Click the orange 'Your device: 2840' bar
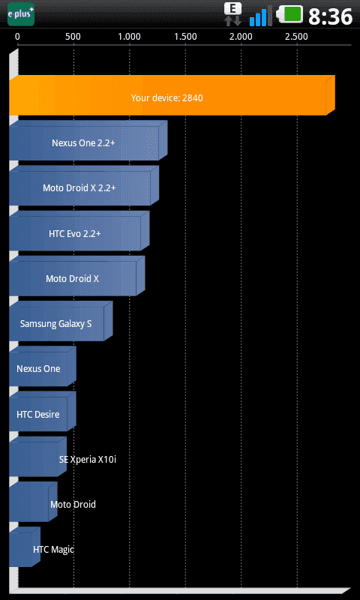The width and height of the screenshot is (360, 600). pyautogui.click(x=172, y=95)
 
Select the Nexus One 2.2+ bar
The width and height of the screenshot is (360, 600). pyautogui.click(x=88, y=140)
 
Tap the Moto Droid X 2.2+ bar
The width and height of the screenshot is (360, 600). pyautogui.click(x=84, y=185)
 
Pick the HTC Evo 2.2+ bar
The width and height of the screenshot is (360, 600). pyautogui.click(x=79, y=231)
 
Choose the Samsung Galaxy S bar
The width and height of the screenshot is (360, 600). pyautogui.click(x=61, y=321)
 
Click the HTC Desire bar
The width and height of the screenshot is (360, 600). pyautogui.click(x=43, y=411)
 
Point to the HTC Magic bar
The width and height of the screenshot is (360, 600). pyautogui.click(x=25, y=547)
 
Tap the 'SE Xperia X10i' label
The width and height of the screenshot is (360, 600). pyautogui.click(x=88, y=460)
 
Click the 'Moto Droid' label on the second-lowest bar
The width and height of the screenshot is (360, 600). pyautogui.click(x=73, y=504)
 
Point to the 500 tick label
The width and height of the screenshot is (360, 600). pyautogui.click(x=73, y=37)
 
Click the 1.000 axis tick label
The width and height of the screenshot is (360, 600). pyautogui.click(x=129, y=37)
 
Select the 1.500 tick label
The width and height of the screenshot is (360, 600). pyautogui.click(x=185, y=37)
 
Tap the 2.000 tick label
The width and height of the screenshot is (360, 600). pyautogui.click(x=241, y=37)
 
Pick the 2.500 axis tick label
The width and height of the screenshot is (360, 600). pyautogui.click(x=296, y=37)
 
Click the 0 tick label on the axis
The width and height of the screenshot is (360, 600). pyautogui.click(x=17, y=37)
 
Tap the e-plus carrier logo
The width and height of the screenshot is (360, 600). pyautogui.click(x=21, y=14)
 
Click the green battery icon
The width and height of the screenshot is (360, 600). pyautogui.click(x=289, y=14)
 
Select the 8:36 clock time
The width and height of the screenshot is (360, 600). pyautogui.click(x=330, y=16)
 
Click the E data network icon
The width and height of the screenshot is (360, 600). pyautogui.click(x=233, y=14)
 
